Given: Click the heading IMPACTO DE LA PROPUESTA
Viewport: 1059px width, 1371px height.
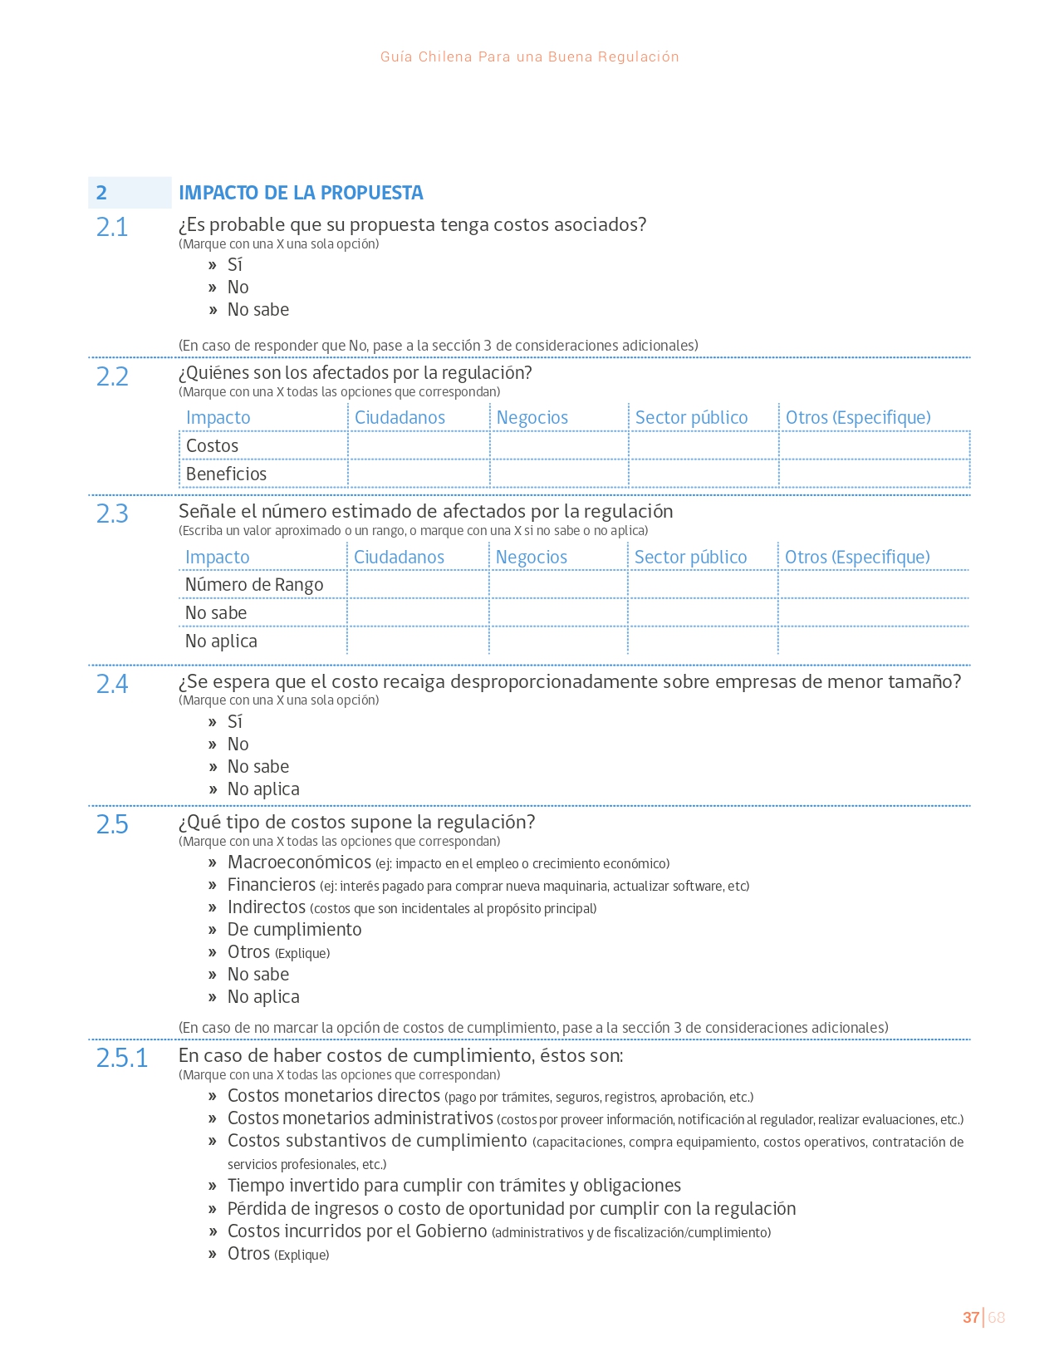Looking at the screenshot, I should pyautogui.click(x=301, y=193).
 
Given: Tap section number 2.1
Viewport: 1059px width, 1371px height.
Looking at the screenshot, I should pyautogui.click(x=112, y=227).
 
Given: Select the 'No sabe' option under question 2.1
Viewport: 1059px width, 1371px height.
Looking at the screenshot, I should pyautogui.click(x=257, y=310).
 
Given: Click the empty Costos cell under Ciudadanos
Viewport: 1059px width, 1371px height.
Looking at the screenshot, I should pyautogui.click(x=419, y=446).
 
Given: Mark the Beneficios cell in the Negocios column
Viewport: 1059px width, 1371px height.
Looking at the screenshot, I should pyautogui.click(x=559, y=474).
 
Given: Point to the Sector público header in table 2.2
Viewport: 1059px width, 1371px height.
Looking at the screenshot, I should pyautogui.click(x=691, y=418).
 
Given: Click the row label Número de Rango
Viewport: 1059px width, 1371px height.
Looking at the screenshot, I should pyautogui.click(x=254, y=585).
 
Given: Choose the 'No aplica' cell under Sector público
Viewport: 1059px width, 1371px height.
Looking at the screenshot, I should pyautogui.click(x=703, y=641).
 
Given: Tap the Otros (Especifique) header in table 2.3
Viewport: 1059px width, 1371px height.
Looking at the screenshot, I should pyautogui.click(x=857, y=558).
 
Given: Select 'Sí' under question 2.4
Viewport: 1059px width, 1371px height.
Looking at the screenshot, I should pyautogui.click(x=235, y=722).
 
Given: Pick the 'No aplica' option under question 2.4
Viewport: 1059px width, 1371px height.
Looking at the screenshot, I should pyautogui.click(x=263, y=789).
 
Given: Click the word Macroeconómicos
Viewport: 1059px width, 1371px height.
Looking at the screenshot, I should pyautogui.click(x=299, y=862).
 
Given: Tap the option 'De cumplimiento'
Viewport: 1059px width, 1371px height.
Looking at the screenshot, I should pyautogui.click(x=294, y=930).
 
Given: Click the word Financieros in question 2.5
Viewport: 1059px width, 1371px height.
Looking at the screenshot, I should pyautogui.click(x=272, y=885).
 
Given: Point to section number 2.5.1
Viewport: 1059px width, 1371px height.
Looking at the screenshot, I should pyautogui.click(x=122, y=1059).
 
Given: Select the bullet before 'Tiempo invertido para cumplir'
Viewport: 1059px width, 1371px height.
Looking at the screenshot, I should pyautogui.click(x=213, y=1187).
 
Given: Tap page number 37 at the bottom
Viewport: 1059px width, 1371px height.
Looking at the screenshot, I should pyautogui.click(x=970, y=1318).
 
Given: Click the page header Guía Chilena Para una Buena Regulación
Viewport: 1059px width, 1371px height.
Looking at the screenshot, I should pyautogui.click(x=529, y=57).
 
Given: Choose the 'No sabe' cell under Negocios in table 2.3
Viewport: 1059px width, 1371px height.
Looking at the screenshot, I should pyautogui.click(x=558, y=613).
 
